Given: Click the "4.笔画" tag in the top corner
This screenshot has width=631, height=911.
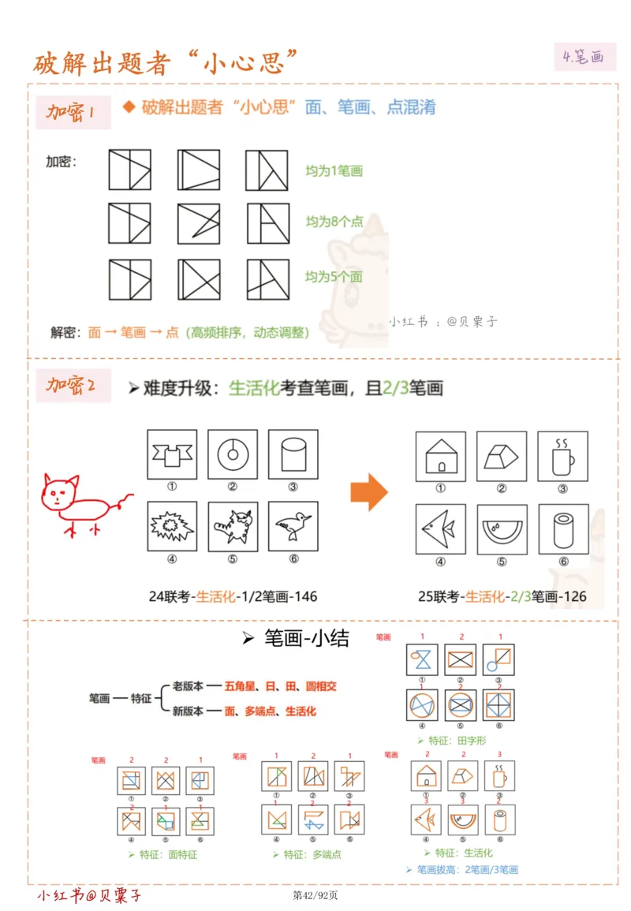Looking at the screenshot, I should [584, 57].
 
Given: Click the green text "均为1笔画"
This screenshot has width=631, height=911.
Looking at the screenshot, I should [334, 170].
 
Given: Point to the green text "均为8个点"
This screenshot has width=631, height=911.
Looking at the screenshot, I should [334, 222].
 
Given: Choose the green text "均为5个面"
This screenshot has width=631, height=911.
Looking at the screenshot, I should [334, 277].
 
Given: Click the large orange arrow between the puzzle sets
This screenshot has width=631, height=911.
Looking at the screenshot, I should [369, 493].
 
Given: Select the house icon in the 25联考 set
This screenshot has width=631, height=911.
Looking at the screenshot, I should [440, 456].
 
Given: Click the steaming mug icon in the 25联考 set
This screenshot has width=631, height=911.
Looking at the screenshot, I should [562, 456].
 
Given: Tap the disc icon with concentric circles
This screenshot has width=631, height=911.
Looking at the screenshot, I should [233, 454].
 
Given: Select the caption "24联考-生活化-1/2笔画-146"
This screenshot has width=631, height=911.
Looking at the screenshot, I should [233, 596].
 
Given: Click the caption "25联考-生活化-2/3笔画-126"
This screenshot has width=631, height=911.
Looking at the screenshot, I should [502, 596].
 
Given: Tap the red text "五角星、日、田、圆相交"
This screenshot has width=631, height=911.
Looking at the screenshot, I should [280, 686].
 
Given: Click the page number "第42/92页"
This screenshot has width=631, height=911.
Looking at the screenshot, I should [315, 895].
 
